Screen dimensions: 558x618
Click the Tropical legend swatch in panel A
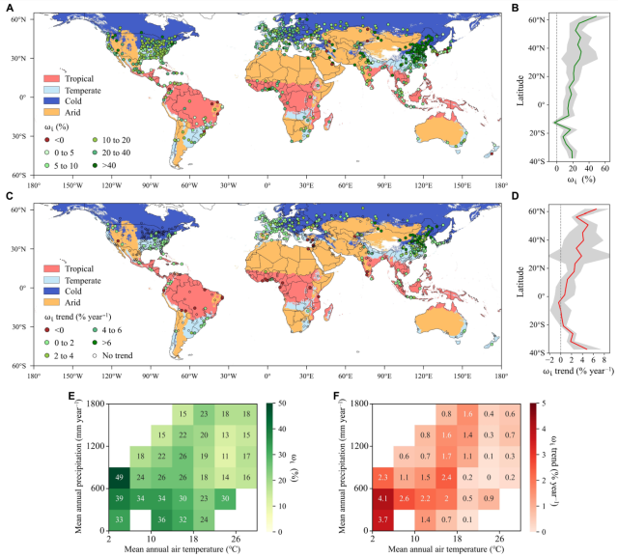tap(48, 75)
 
